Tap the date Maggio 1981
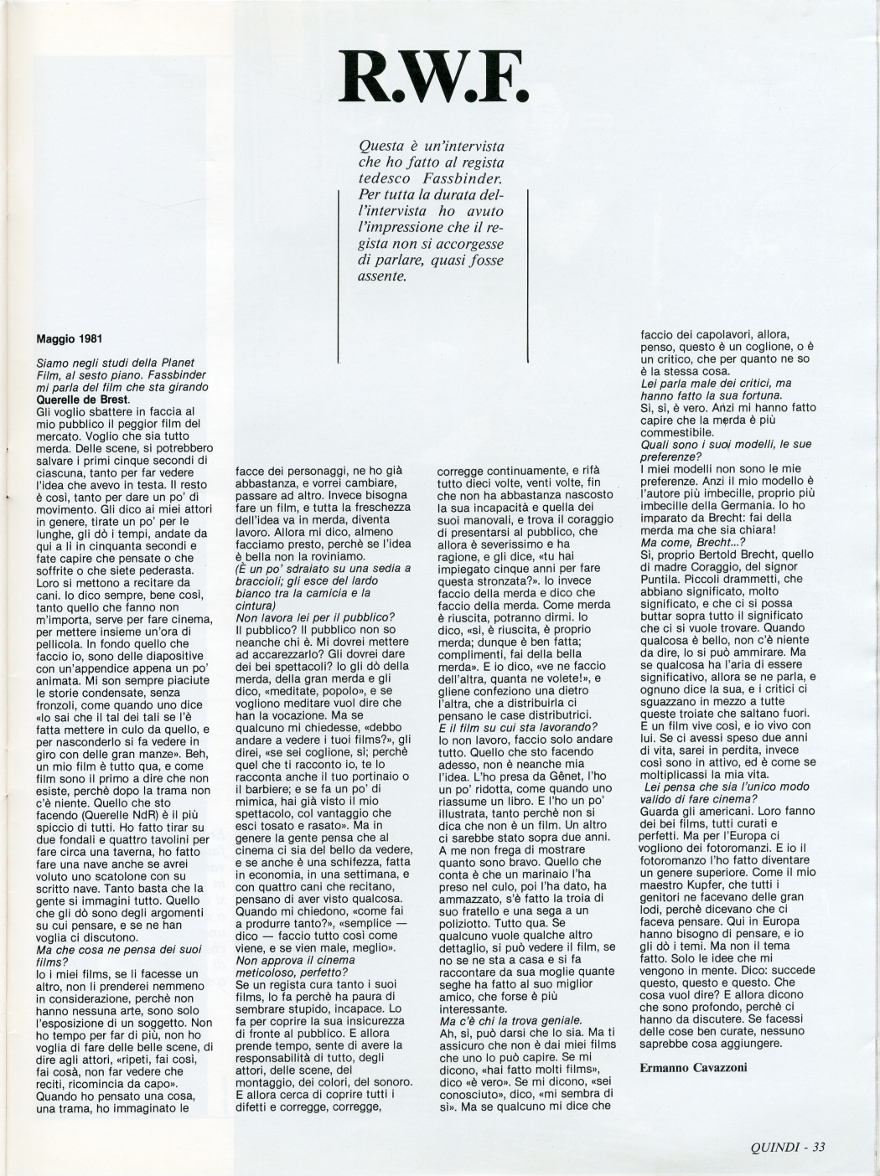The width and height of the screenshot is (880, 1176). (x=70, y=340)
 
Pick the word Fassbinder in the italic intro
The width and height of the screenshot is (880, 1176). (x=460, y=179)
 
